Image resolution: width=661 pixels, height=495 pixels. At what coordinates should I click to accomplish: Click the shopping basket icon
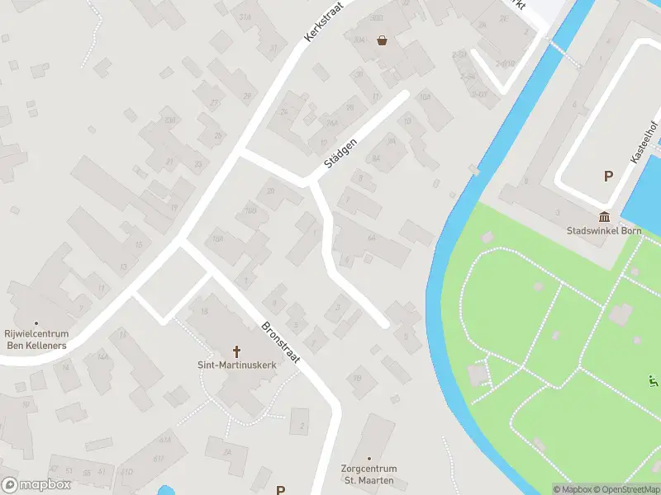[382, 40]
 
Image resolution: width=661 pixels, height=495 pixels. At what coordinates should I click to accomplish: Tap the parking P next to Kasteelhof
[608, 176]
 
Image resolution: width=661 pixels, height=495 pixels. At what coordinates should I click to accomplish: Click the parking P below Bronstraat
[280, 490]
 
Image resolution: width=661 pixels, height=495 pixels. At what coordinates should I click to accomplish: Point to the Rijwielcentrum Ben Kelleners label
[36, 339]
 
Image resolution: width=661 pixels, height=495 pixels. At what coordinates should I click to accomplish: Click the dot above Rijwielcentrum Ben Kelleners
[36, 323]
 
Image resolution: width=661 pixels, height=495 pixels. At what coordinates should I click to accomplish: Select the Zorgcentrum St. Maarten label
[369, 474]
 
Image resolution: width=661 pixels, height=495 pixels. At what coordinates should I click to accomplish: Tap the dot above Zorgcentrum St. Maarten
[369, 458]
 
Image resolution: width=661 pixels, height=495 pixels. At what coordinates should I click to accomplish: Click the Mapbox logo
[36, 484]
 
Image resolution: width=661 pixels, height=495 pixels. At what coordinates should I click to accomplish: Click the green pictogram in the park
[653, 381]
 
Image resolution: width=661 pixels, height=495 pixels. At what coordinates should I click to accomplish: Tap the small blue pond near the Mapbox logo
[165, 490]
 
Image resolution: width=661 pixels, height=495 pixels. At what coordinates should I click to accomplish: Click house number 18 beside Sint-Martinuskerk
[204, 311]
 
